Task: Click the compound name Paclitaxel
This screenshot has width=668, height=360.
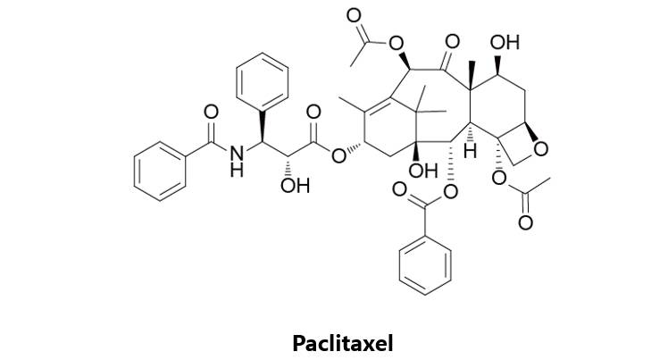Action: [x=342, y=341]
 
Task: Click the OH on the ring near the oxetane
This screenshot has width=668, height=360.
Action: [x=505, y=42]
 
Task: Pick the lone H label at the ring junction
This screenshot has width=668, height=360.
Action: [x=470, y=154]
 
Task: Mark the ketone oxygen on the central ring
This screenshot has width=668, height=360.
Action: [x=452, y=41]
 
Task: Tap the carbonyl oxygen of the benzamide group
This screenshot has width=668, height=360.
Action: [x=212, y=113]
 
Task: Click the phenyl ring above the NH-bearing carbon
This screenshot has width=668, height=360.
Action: [x=263, y=85]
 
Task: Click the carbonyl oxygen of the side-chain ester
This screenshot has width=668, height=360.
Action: [x=313, y=113]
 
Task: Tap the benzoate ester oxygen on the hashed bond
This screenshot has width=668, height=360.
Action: [x=449, y=191]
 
